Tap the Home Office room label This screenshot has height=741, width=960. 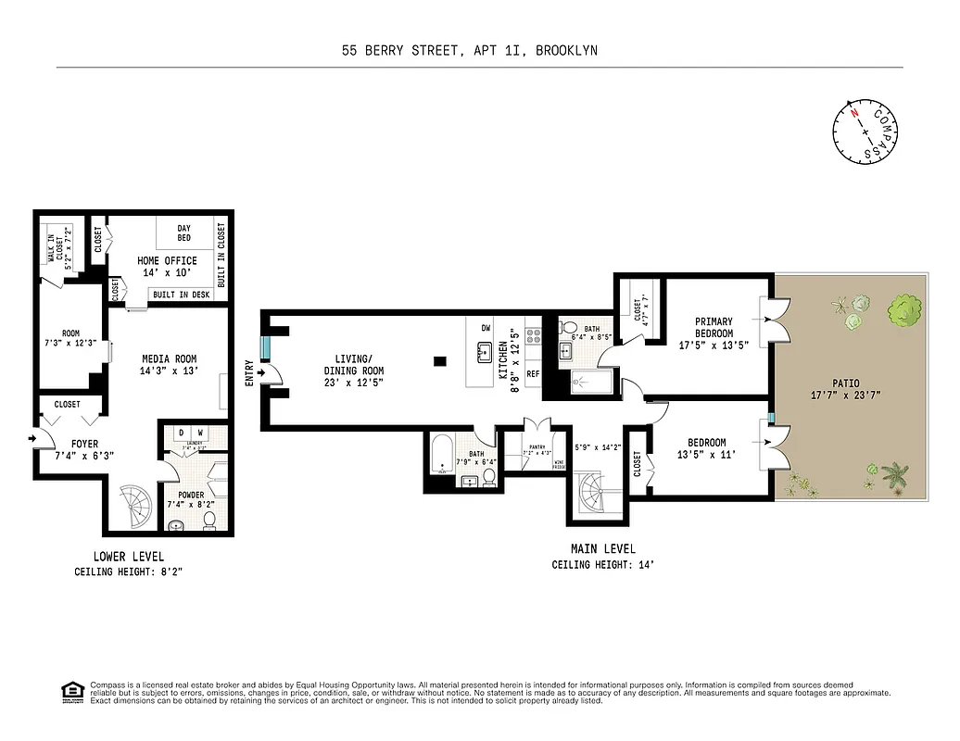coord(163,261)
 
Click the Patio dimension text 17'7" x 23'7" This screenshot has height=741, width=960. coord(845,395)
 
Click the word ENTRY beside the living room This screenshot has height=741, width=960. coord(249,372)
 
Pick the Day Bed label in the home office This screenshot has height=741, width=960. coord(183,232)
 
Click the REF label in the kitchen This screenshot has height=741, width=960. coord(533,374)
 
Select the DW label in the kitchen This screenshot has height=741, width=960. coord(486,328)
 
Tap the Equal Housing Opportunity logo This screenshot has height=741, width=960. coord(69,691)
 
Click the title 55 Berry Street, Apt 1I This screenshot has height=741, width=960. coord(469,51)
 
